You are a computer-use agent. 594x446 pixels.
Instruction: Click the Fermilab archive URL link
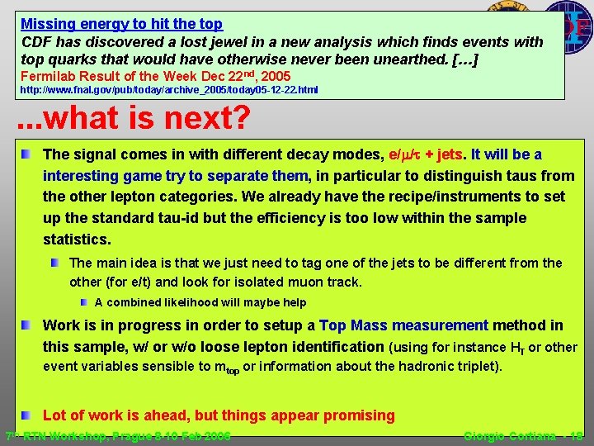[168, 89]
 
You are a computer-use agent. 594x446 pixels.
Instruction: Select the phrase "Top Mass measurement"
[403, 325]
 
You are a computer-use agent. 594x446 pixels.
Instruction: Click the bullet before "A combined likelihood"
[84, 302]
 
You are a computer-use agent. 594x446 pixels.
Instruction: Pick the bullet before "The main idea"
[54, 263]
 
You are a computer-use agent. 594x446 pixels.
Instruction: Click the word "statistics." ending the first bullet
[76, 240]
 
